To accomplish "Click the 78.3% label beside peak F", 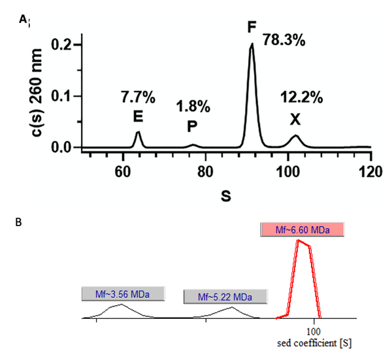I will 285,40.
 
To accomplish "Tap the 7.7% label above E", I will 138,99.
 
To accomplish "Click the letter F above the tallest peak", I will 252,27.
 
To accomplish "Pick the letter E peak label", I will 138,117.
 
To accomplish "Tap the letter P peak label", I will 192,125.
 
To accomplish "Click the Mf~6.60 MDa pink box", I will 301,229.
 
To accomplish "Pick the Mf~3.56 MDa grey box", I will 123,295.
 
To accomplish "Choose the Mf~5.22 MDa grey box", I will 225,297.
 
